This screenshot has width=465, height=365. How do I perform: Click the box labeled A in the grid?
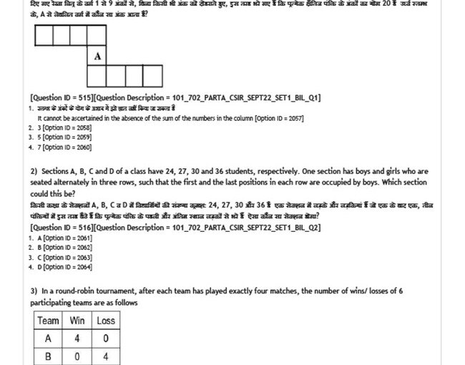click(97, 55)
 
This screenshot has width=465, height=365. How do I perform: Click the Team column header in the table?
click(49, 321)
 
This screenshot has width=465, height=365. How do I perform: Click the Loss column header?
click(106, 321)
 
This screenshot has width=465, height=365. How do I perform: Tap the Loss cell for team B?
click(106, 356)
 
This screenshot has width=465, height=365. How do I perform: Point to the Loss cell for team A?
click(106, 338)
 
